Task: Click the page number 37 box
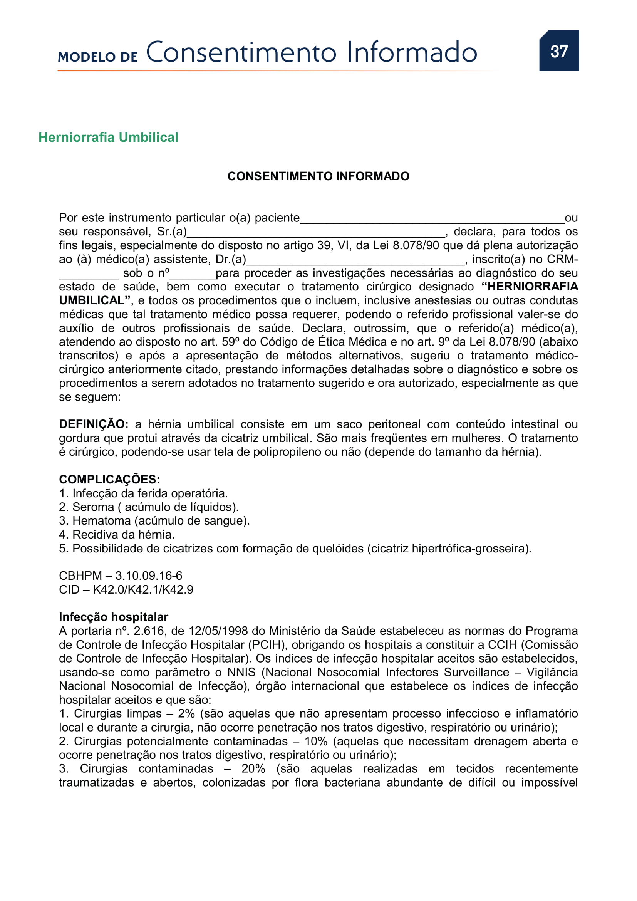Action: tap(558, 51)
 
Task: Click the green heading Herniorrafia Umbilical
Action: tap(108, 138)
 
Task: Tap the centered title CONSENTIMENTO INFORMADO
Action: tap(318, 176)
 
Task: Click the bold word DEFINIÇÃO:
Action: tap(93, 424)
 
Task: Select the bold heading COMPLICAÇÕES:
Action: tap(109, 479)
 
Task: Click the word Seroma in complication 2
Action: tap(93, 507)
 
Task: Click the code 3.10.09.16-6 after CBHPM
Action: tap(149, 575)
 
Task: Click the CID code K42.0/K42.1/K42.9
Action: tap(143, 589)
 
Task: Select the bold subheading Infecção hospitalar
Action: tap(113, 617)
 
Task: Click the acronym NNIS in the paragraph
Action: tap(241, 672)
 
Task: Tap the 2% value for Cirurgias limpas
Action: tap(186, 713)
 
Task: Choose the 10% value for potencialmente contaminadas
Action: tap(316, 741)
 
